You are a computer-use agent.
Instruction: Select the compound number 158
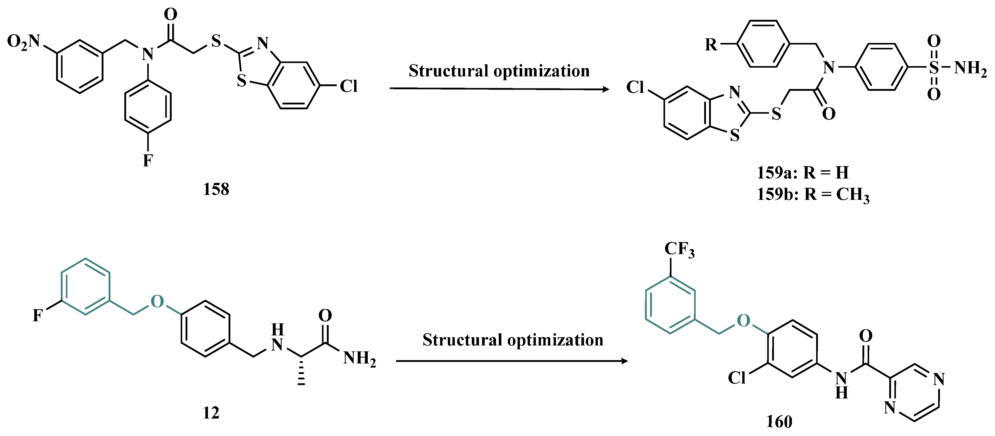click(x=216, y=189)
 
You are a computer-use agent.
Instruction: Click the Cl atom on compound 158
click(x=348, y=86)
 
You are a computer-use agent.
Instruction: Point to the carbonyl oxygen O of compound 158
click(x=170, y=15)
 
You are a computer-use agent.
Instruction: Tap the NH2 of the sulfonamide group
click(x=970, y=68)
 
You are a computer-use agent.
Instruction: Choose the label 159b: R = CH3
click(x=813, y=194)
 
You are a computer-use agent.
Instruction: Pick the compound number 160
click(x=779, y=421)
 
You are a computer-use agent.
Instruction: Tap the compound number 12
click(x=211, y=413)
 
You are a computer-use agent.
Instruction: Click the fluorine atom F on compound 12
click(x=38, y=316)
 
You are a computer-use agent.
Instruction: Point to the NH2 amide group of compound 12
click(x=359, y=358)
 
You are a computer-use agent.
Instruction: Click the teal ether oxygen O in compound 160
click(x=744, y=321)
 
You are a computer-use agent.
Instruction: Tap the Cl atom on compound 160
click(x=737, y=378)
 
